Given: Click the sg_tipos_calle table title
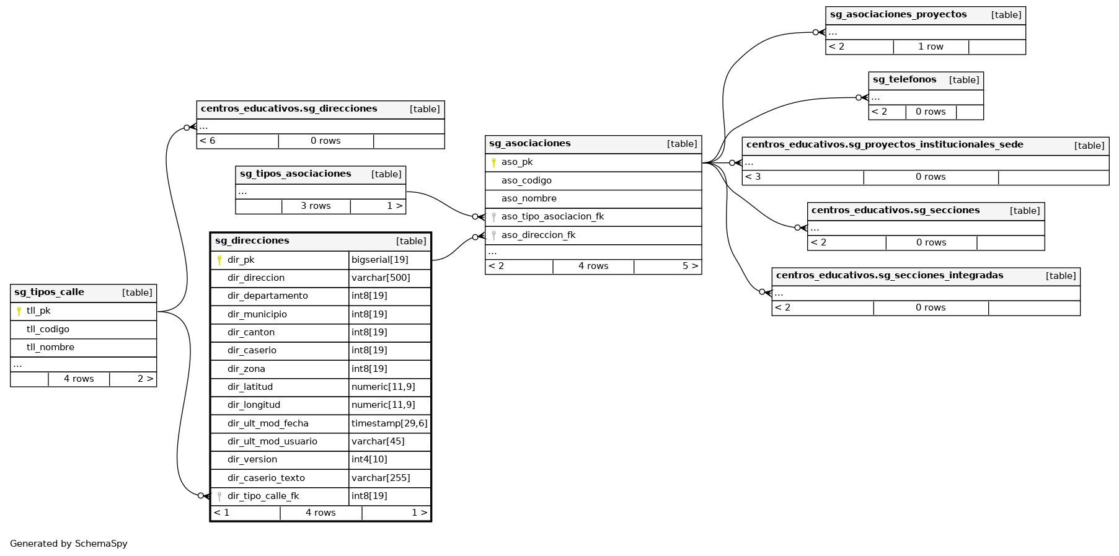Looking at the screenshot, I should point(50,293).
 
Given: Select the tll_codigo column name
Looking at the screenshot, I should point(48,329).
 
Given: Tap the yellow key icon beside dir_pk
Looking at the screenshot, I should point(219,260).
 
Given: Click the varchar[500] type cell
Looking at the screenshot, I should point(381,278).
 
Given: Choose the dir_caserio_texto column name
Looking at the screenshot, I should point(266,478).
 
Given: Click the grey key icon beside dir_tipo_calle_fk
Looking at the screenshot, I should point(219,496).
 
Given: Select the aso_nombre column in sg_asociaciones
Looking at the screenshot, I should point(529,198).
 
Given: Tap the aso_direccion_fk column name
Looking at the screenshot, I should point(538,235).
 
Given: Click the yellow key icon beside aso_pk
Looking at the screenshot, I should point(493,162).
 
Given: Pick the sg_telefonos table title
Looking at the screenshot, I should point(904,79).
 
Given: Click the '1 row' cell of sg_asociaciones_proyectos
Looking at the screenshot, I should point(931,46).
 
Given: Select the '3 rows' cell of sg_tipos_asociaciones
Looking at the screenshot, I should point(316,206).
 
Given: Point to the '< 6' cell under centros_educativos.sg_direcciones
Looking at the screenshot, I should point(208,141).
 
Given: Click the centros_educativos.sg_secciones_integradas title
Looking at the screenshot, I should point(890,275).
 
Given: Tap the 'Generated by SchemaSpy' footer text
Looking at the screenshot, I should point(69,544).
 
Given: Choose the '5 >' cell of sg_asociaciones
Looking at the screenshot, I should point(690,266).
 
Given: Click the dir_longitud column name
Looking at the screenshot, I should point(254,405).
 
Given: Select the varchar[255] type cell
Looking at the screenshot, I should point(381,478).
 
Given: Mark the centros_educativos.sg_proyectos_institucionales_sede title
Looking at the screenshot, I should point(885,144).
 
